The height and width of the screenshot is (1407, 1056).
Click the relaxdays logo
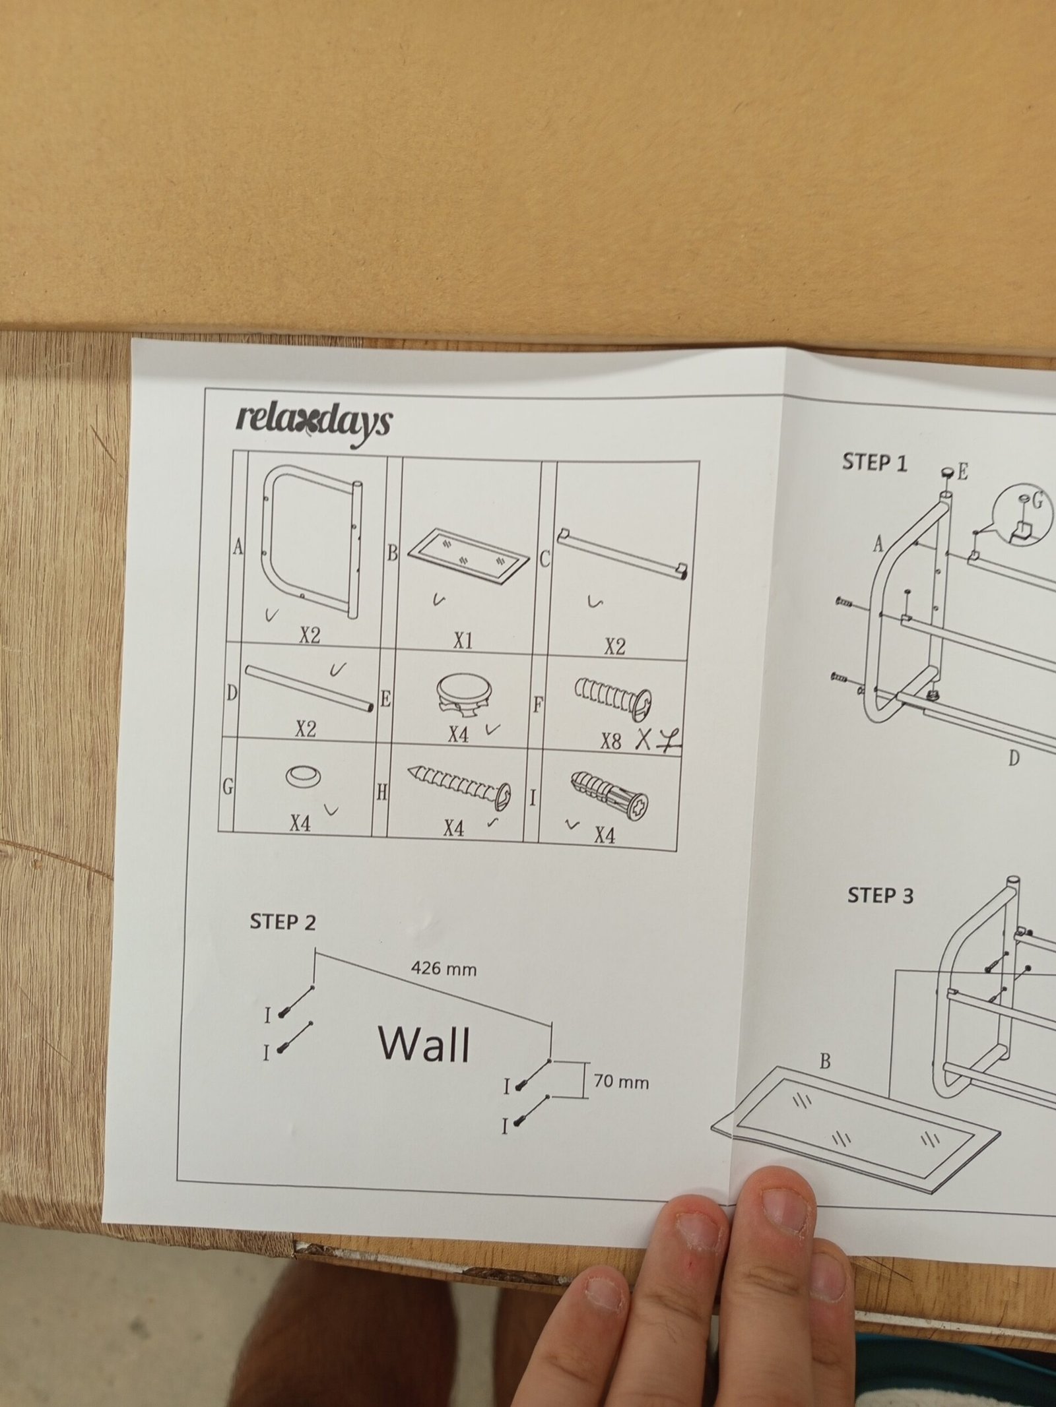[x=313, y=423]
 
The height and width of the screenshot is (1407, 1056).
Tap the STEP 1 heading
[x=874, y=463]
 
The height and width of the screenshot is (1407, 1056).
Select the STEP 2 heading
[x=282, y=922]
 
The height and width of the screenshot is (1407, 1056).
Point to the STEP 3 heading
[x=880, y=896]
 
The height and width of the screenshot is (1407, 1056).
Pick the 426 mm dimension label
[x=444, y=969]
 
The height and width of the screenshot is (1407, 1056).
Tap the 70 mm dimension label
[x=621, y=1082]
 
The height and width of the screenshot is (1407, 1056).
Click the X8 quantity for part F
[x=611, y=741]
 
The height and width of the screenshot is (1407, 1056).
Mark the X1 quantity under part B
[x=462, y=641]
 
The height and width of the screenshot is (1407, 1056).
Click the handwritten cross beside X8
[x=645, y=740]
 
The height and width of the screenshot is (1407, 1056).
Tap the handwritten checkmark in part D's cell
[x=338, y=670]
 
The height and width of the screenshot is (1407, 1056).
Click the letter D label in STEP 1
[x=1014, y=759]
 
